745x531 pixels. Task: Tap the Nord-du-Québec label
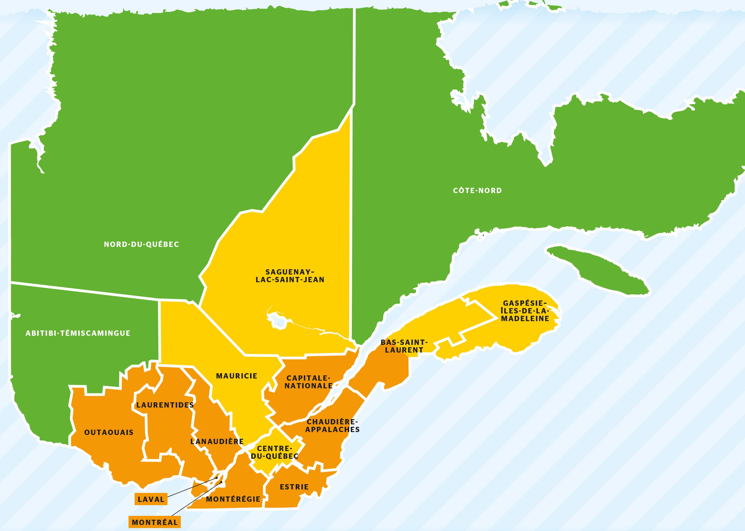tap(141, 244)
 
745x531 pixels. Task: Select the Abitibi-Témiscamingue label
tap(78, 333)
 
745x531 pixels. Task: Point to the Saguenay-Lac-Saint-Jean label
tap(290, 276)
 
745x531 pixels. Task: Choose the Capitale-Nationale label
tap(308, 382)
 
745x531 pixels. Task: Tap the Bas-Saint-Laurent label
tap(404, 346)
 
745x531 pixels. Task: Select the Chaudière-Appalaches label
tap(332, 426)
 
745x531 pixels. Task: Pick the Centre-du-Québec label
tap(275, 452)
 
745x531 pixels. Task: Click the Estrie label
tap(294, 487)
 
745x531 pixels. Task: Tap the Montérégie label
tap(233, 499)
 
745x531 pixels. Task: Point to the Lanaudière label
tap(217, 441)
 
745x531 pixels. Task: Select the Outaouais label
tap(109, 433)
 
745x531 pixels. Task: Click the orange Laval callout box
tap(151, 499)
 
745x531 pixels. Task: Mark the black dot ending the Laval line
tap(217, 478)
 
